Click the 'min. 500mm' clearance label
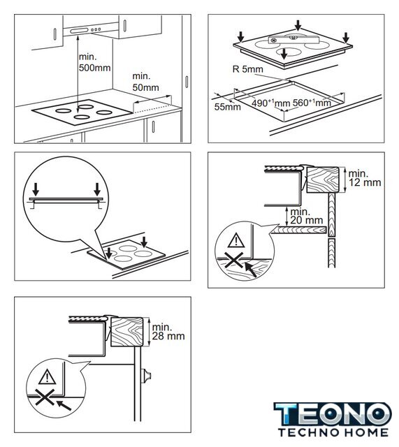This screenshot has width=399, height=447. tap(95, 62)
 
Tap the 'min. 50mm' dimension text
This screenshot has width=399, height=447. tap(145, 82)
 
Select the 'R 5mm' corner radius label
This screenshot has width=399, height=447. tap(247, 69)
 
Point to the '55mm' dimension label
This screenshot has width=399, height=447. tap(227, 107)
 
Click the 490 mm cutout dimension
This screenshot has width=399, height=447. tap(270, 103)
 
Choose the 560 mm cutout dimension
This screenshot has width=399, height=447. tap(312, 103)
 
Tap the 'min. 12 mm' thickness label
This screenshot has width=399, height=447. tap(365, 178)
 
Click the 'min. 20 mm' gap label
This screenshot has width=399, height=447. tap(306, 216)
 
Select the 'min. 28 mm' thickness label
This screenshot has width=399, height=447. tap(168, 332)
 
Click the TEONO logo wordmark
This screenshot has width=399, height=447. tap(333, 414)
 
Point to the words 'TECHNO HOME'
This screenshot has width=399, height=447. tap(333, 432)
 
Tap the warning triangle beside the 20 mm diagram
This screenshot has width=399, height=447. tap(236, 240)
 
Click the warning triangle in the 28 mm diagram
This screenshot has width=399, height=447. tap(47, 376)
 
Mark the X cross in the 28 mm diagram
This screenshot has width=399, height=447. tap(45, 397)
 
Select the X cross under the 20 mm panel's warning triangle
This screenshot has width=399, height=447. tap(234, 261)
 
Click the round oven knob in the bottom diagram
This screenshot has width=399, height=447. tap(147, 376)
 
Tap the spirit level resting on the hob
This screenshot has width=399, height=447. tap(293, 40)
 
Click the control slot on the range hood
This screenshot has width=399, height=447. tap(78, 31)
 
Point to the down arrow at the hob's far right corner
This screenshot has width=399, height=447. tap(346, 38)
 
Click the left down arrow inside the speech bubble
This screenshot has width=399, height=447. tap(36, 189)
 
